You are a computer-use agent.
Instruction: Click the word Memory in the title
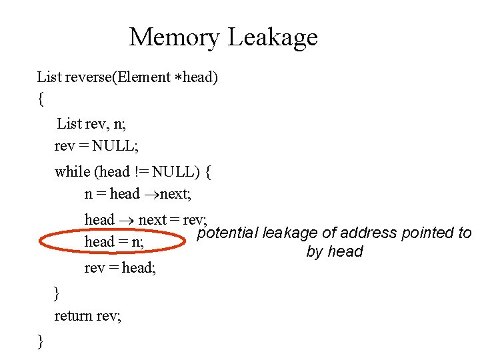point(174,37)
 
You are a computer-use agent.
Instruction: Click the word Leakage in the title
point(273,37)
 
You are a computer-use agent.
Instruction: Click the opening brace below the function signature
point(41,100)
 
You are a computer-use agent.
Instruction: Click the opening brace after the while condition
point(209,172)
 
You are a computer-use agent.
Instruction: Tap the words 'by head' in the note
point(335,252)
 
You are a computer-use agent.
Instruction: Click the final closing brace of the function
point(41,342)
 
